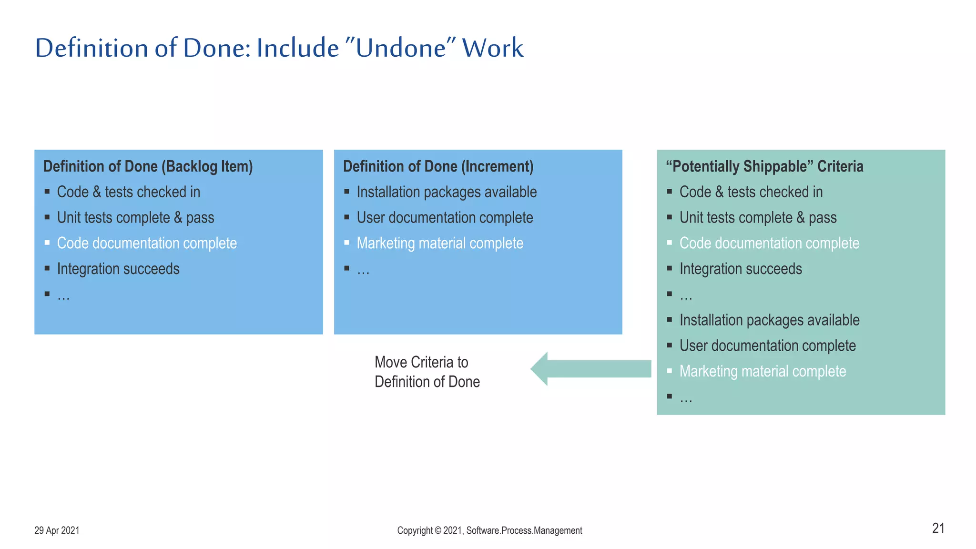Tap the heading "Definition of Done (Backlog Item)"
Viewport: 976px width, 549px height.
(x=148, y=166)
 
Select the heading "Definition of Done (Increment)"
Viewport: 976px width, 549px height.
(x=438, y=166)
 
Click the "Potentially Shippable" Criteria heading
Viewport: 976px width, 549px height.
(x=764, y=166)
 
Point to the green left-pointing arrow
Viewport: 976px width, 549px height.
(x=591, y=369)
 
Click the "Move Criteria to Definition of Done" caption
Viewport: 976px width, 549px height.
(x=427, y=372)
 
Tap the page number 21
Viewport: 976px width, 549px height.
(x=938, y=528)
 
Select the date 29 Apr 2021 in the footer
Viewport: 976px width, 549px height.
(x=57, y=530)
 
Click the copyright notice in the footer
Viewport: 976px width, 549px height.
(x=489, y=530)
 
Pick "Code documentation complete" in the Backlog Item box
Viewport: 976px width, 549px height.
(x=147, y=243)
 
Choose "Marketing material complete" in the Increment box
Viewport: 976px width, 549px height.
(x=440, y=243)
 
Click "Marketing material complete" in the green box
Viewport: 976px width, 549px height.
(x=762, y=371)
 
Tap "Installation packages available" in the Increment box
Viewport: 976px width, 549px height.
(x=447, y=192)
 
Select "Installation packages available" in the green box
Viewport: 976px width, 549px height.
(x=769, y=320)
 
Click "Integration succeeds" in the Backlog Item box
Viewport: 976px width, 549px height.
(x=118, y=269)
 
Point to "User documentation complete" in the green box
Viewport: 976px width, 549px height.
(x=767, y=346)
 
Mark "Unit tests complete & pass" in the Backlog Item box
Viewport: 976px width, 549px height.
(x=135, y=218)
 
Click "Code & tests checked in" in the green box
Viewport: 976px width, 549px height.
(x=751, y=192)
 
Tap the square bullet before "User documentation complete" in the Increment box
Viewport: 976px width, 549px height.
(x=347, y=217)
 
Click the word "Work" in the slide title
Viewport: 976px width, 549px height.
(x=493, y=49)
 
